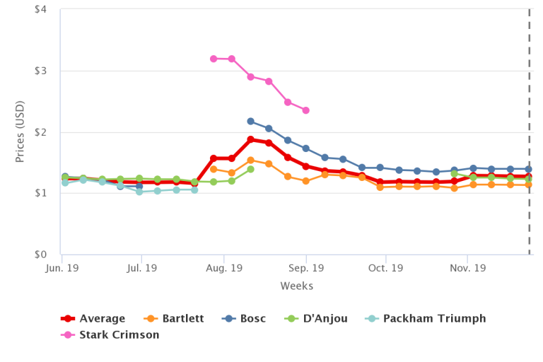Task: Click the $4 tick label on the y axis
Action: click(x=40, y=10)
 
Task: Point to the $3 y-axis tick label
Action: click(x=40, y=71)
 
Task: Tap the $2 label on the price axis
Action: click(x=40, y=132)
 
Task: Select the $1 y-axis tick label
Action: click(x=40, y=193)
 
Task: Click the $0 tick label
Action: click(x=40, y=255)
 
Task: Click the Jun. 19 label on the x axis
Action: click(x=62, y=269)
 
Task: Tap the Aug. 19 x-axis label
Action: click(x=225, y=269)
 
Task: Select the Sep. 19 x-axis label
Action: click(x=306, y=269)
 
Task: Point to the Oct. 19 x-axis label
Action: click(x=385, y=269)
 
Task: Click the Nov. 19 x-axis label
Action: click(x=467, y=269)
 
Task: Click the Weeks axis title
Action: click(x=296, y=286)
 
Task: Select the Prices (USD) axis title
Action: click(x=21, y=132)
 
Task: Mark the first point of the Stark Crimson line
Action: click(x=214, y=59)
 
